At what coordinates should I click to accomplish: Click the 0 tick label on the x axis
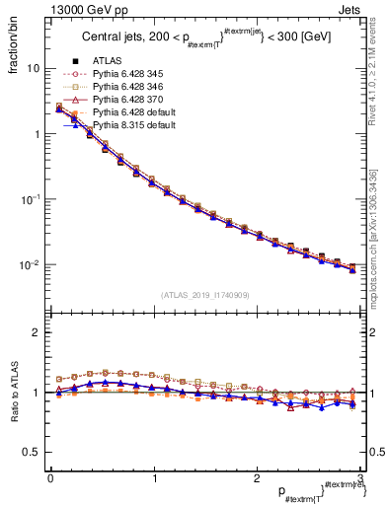[50, 479]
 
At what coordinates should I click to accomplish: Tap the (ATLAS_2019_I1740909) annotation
[204, 295]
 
